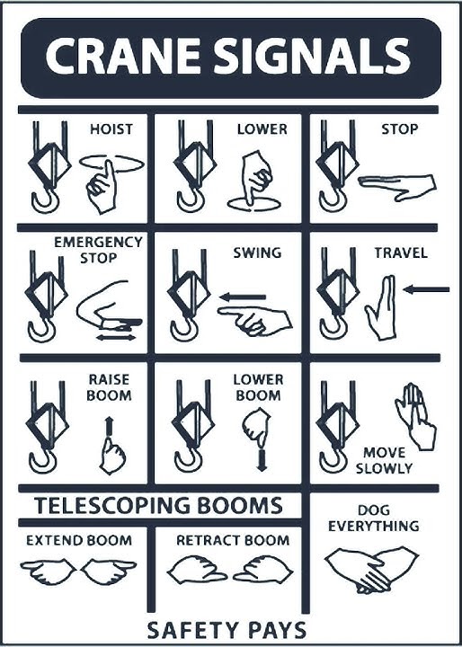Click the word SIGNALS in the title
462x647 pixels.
pyautogui.click(x=309, y=58)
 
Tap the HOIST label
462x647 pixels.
pyautogui.click(x=111, y=129)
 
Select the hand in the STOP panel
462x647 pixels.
pyautogui.click(x=396, y=183)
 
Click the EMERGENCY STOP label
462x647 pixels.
pyautogui.click(x=99, y=251)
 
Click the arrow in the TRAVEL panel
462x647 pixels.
pyautogui.click(x=426, y=289)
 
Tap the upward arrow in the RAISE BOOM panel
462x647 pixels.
pyautogui.click(x=109, y=425)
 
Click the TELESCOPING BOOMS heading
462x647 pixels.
pyautogui.click(x=158, y=504)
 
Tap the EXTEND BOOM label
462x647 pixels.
pyautogui.click(x=78, y=540)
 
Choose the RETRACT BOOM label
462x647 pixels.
pyautogui.click(x=233, y=540)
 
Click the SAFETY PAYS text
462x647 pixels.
pyautogui.click(x=226, y=629)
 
